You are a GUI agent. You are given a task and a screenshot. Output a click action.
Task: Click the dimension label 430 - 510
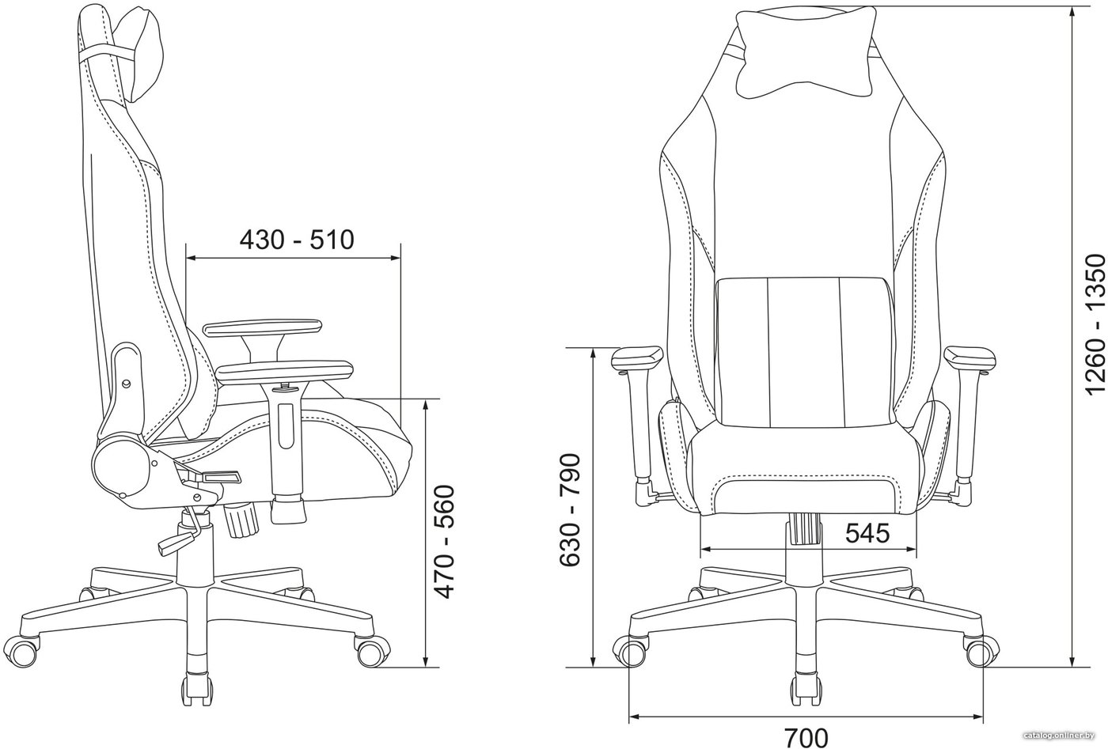click(x=297, y=240)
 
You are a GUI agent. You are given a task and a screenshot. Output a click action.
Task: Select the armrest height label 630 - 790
click(x=570, y=510)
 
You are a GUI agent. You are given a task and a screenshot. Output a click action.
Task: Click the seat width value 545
click(x=867, y=533)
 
